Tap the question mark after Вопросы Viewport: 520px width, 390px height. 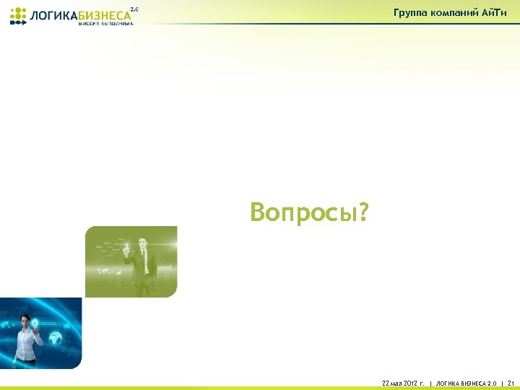(x=363, y=212)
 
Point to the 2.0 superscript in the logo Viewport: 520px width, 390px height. (x=134, y=9)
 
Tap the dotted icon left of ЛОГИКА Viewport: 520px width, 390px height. (x=18, y=15)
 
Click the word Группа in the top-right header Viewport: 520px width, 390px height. (x=410, y=12)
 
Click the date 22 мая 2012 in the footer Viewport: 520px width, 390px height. (x=404, y=382)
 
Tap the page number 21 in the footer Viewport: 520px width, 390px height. (x=511, y=382)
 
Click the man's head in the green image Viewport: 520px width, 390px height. (x=143, y=243)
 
